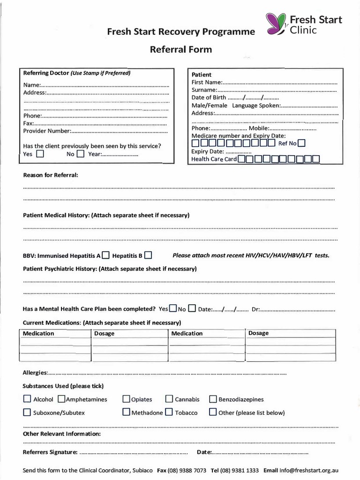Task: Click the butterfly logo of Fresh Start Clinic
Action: [x=276, y=24]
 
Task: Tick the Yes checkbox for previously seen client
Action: [x=40, y=153]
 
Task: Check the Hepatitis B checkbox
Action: [x=148, y=255]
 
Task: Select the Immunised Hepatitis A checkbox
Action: [x=106, y=255]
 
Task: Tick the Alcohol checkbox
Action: [x=27, y=399]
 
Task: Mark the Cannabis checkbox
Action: [x=169, y=399]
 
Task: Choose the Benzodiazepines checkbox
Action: [x=213, y=399]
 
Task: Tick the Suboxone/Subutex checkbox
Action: [x=27, y=412]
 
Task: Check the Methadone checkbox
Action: [x=126, y=412]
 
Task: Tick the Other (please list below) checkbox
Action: [x=213, y=412]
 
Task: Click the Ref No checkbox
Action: [x=301, y=143]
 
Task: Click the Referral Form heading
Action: [x=180, y=49]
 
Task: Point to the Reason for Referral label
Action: [x=51, y=175]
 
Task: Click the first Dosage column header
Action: [x=105, y=333]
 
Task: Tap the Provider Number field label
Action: [x=47, y=131]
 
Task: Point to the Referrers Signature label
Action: [x=50, y=452]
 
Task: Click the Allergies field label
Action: [x=35, y=372]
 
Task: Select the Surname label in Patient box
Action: [x=204, y=90]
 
